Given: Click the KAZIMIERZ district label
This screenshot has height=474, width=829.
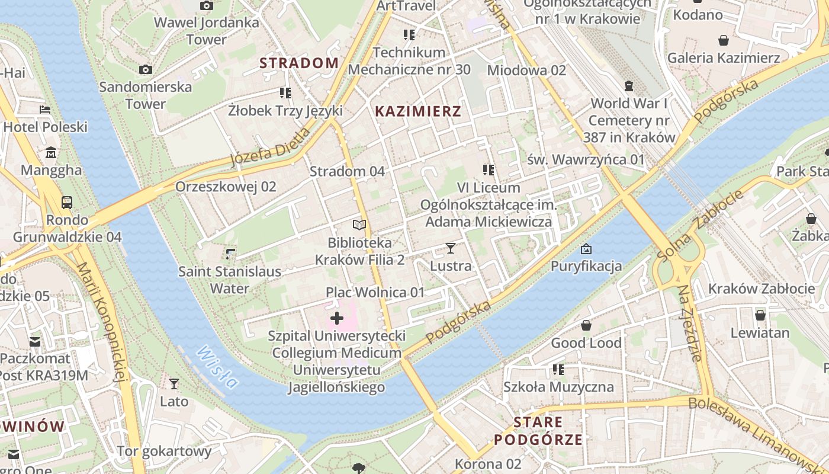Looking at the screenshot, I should [418, 111].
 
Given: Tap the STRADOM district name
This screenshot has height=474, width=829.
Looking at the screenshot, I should [299, 63].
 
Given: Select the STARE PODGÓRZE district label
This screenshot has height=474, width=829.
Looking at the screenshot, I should [538, 431].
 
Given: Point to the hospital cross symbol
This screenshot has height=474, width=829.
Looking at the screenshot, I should [337, 319].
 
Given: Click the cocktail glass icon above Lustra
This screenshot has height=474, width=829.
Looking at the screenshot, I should [451, 248].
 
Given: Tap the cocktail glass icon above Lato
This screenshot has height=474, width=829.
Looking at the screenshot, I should [174, 384].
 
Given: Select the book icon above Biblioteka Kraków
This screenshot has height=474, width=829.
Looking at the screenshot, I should [359, 225].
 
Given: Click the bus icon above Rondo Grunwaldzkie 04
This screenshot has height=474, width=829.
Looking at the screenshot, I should [67, 202].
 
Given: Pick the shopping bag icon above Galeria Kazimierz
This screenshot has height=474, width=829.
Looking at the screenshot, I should [723, 40].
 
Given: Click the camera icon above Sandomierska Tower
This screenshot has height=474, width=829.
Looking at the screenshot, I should [146, 69].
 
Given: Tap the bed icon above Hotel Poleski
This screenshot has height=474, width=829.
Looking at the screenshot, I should [45, 110].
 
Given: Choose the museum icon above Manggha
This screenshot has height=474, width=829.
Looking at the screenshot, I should [51, 153].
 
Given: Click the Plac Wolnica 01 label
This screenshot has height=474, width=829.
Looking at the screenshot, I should [375, 292].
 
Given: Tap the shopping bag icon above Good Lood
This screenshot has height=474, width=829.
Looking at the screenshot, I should [586, 325].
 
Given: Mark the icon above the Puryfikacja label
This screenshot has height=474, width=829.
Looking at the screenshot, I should [586, 248].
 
